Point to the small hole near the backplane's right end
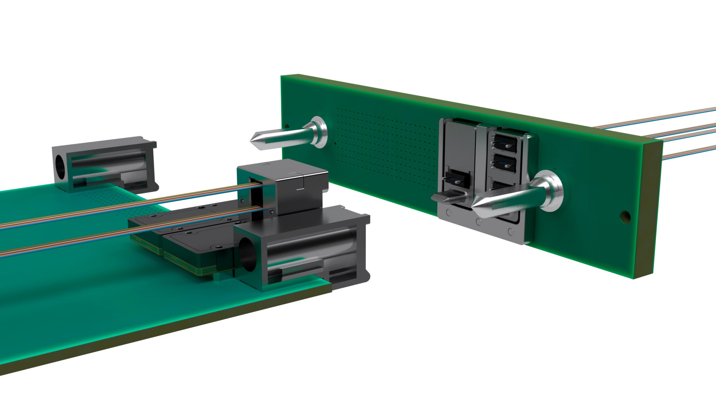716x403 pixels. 624,216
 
